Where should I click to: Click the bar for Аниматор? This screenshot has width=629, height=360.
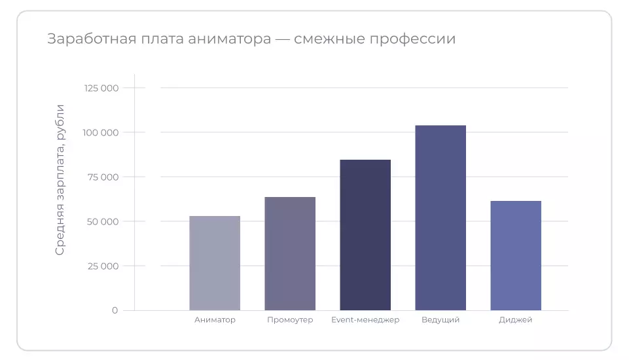(215, 263)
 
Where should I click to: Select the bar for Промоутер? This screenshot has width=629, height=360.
(290, 254)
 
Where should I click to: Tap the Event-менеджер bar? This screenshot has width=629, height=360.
(365, 235)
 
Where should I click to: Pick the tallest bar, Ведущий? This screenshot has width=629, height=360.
(440, 218)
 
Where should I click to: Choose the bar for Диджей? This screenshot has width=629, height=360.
(516, 255)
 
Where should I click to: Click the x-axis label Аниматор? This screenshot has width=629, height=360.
(215, 320)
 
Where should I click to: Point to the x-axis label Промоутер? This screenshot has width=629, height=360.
(290, 320)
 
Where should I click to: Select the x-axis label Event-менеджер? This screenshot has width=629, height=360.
(365, 320)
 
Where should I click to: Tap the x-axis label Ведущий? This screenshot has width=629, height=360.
(440, 320)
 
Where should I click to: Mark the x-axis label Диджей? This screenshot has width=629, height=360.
(516, 320)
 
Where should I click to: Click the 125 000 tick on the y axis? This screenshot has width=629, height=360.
(101, 88)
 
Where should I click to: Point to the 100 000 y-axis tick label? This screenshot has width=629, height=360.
(101, 132)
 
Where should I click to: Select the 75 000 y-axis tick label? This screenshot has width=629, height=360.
(103, 177)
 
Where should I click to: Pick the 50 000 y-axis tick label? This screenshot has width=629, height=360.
(103, 221)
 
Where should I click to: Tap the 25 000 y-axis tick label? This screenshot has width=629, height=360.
(103, 266)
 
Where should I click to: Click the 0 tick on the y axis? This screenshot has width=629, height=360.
(115, 310)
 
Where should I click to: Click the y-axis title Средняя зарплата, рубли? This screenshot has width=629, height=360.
(60, 179)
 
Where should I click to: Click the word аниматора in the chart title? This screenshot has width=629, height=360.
(229, 39)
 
